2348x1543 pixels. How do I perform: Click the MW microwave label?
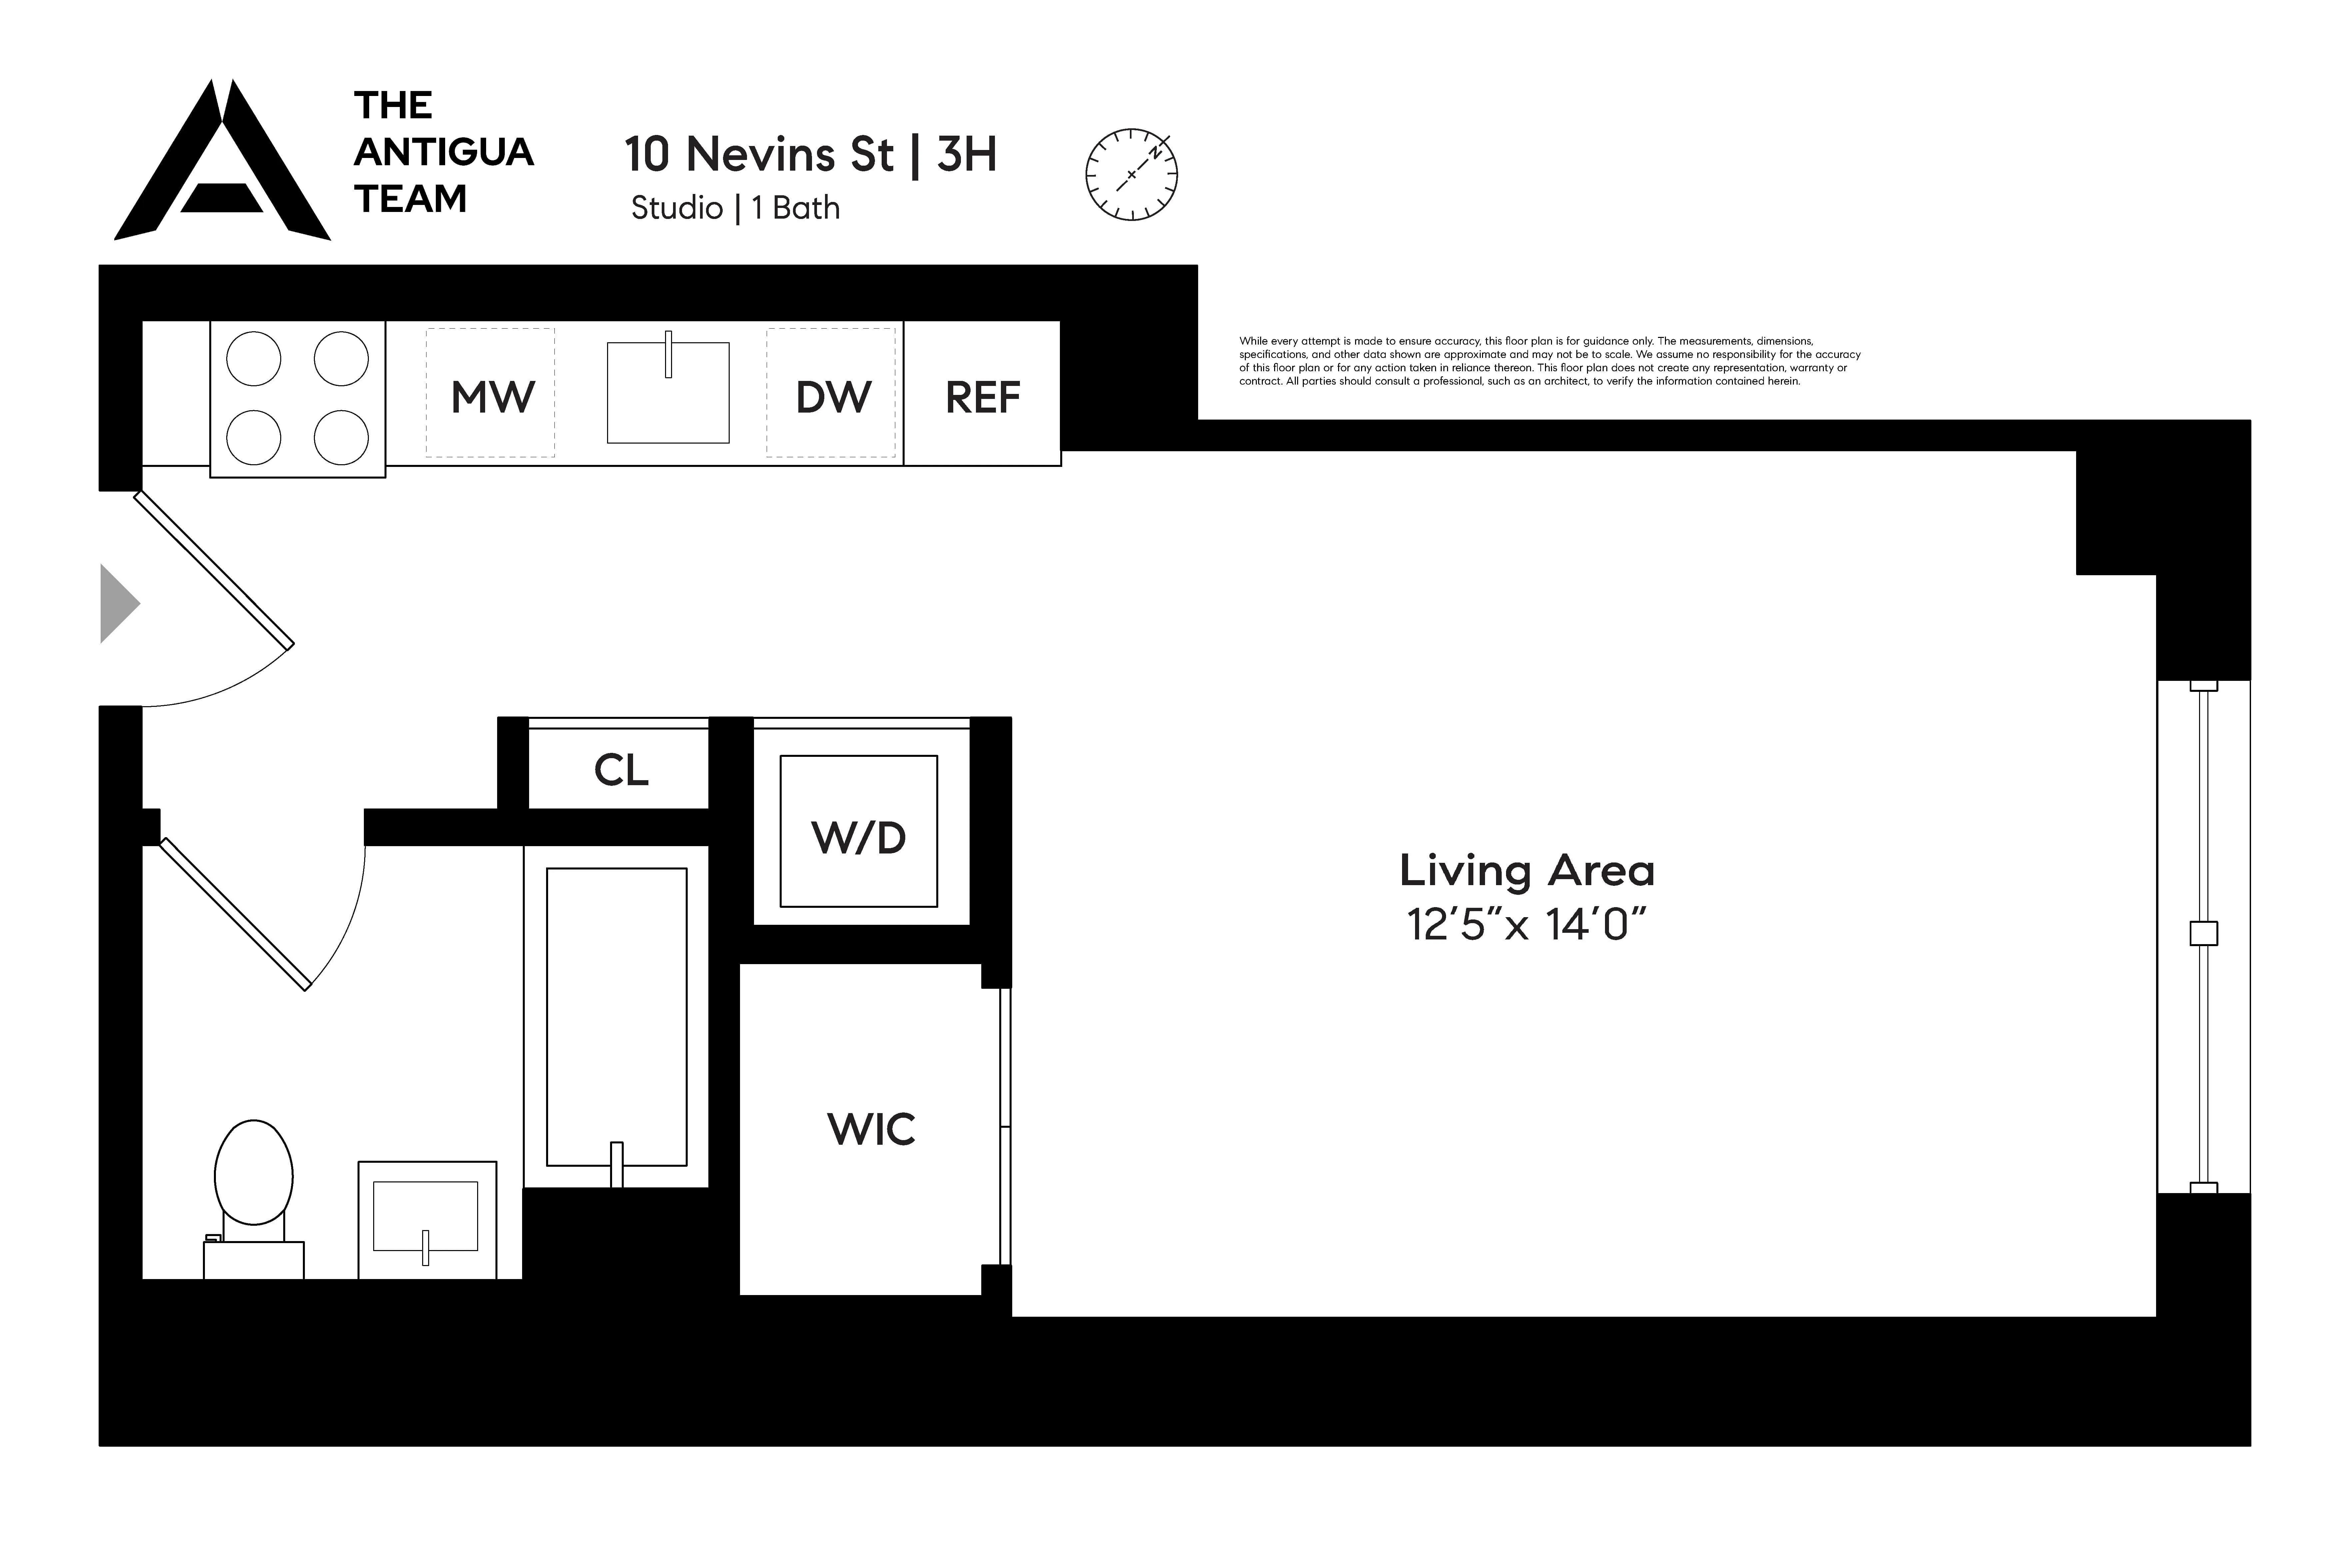coord(492,397)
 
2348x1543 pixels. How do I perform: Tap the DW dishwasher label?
coord(834,397)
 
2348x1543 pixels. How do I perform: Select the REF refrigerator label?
coord(983,397)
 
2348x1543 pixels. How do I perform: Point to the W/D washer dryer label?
coord(858,837)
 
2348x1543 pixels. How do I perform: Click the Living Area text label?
coord(1526,869)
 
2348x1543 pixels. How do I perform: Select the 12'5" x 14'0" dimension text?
coord(1526,924)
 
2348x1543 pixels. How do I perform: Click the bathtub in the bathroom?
coord(617,1016)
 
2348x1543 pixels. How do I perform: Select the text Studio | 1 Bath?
coord(735,208)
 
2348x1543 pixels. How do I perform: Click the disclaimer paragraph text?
coord(1549,361)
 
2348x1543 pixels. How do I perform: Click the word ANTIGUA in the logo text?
coord(444,152)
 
